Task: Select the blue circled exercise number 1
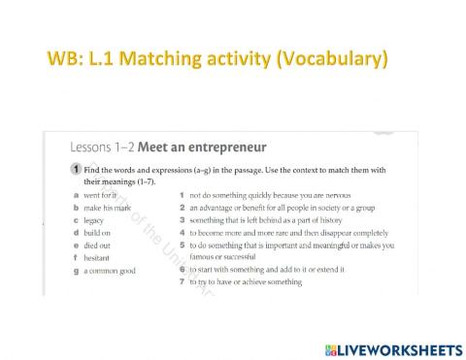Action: coord(75,170)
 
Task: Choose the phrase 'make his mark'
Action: coord(108,208)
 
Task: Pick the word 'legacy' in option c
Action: coord(96,220)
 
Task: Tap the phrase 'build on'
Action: coord(99,233)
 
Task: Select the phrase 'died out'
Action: coord(99,245)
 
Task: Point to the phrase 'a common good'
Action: coord(110,271)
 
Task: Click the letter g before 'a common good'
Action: coord(75,271)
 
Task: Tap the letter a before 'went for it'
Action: coord(75,195)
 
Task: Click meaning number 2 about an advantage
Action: coord(182,208)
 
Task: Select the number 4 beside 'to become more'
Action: coord(182,233)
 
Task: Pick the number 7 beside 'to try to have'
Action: coord(182,282)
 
